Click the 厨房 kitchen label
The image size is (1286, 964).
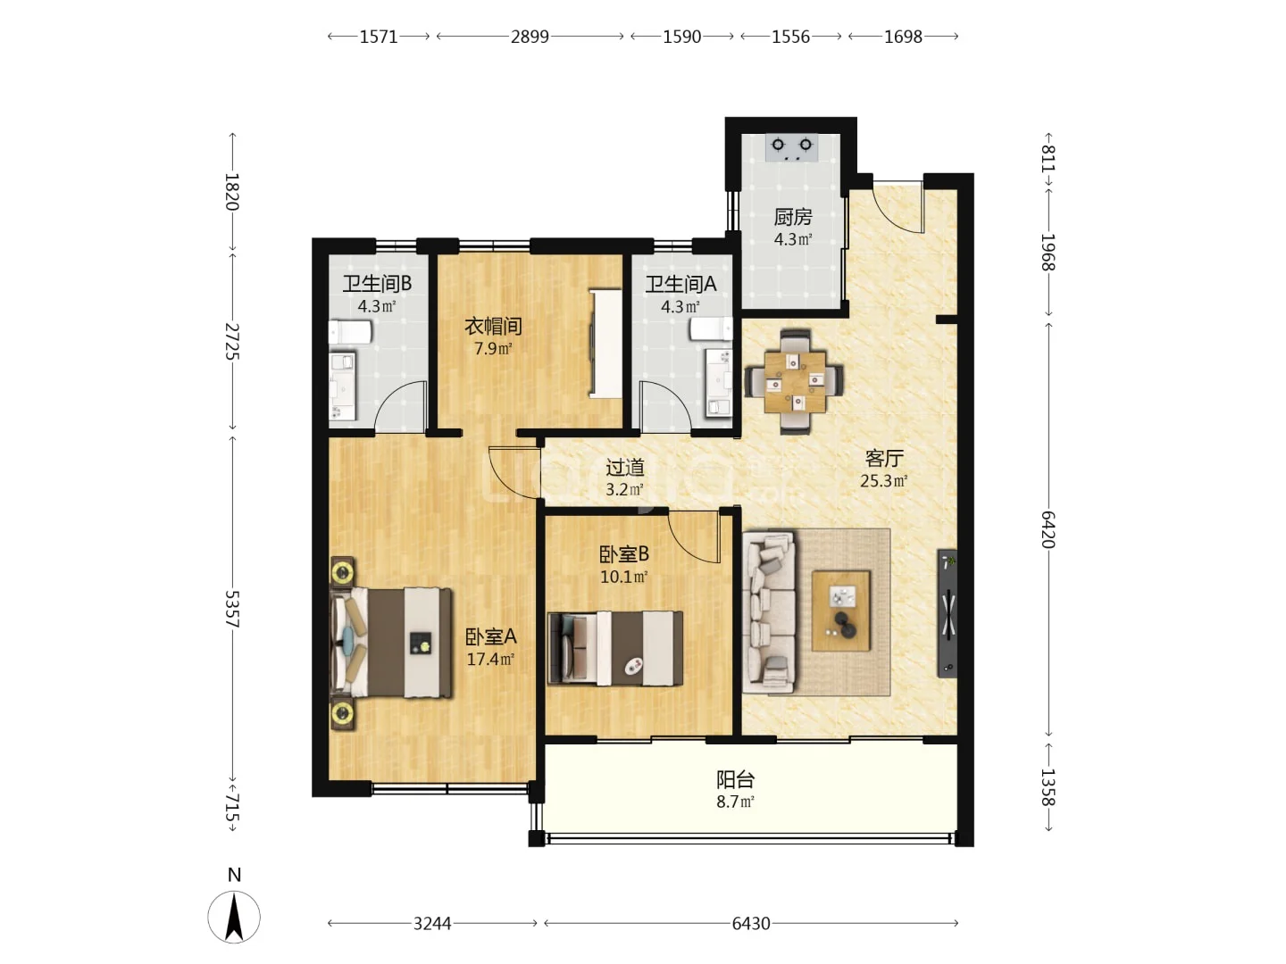pos(792,217)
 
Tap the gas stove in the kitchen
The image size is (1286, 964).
pos(791,147)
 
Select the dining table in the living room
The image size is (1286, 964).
pos(795,382)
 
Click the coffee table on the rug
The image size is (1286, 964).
pos(840,611)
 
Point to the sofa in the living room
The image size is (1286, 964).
pos(769,611)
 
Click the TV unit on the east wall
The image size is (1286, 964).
pos(947,613)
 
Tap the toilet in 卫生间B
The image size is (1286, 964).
pos(350,332)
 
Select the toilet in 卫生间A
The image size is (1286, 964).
pos(711,329)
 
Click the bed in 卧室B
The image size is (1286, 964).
pos(615,648)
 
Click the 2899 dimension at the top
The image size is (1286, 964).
pos(530,37)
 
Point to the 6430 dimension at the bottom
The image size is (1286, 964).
pos(750,923)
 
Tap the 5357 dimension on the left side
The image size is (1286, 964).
pos(232,608)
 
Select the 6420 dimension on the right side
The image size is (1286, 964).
pos(1048,529)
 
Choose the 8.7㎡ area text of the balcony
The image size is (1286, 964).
pos(735,802)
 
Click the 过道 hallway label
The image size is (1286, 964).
pos(624,467)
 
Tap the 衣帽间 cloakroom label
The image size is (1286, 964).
pos(493,326)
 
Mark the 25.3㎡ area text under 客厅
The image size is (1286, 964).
pos(883,480)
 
